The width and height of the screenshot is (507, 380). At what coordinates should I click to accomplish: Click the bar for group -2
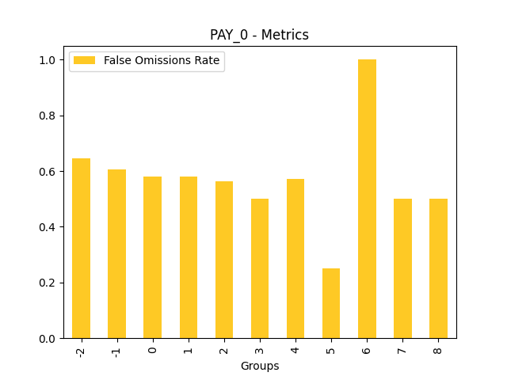click(x=81, y=249)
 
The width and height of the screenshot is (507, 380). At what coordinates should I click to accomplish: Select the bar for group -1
click(x=116, y=254)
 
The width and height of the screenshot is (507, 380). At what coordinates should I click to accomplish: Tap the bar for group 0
click(x=152, y=257)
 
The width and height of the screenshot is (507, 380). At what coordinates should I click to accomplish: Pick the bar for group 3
click(x=260, y=268)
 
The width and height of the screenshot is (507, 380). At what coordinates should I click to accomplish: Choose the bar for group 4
click(x=295, y=259)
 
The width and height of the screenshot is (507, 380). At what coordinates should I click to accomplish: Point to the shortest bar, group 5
click(x=331, y=303)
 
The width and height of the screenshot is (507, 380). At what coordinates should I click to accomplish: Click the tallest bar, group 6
click(x=367, y=199)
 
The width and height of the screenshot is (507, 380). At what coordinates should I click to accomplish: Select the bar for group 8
click(x=438, y=268)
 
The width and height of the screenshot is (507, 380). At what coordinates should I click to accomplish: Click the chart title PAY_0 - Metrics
click(x=259, y=35)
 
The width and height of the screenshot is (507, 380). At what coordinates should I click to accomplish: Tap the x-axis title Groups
click(x=260, y=366)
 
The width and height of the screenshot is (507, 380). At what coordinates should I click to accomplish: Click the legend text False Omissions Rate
click(x=162, y=61)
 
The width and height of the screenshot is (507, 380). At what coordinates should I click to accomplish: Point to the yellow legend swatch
click(x=85, y=61)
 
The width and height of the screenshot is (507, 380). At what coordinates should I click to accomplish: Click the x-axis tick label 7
click(x=403, y=348)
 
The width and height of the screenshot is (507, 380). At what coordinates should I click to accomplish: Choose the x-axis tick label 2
click(x=224, y=348)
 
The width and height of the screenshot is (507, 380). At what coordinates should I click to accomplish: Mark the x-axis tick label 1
click(x=189, y=348)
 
